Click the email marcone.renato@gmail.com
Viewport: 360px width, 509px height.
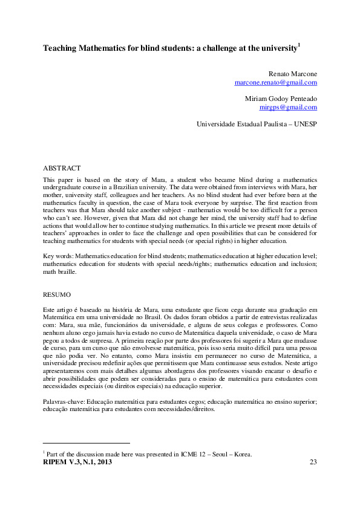pyautogui.click(x=275, y=82)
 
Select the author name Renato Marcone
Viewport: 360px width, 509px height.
pyautogui.click(x=293, y=73)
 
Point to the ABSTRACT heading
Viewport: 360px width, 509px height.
pyautogui.click(x=62, y=167)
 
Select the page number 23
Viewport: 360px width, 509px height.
pyautogui.click(x=313, y=462)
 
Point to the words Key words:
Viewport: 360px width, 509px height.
pyautogui.click(x=58, y=256)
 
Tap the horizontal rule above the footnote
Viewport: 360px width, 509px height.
pyautogui.click(x=87, y=443)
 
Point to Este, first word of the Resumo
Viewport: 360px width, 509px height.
pyautogui.click(x=50, y=310)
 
